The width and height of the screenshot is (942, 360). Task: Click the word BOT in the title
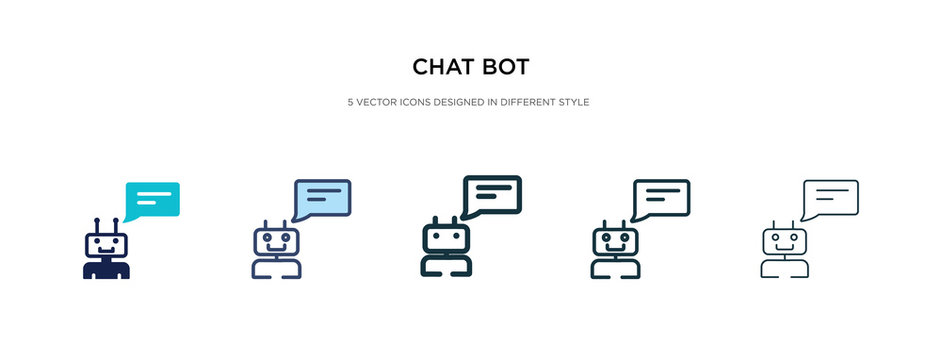[507, 67]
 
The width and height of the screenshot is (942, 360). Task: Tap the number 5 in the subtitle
[350, 102]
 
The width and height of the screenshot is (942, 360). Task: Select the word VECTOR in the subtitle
[377, 102]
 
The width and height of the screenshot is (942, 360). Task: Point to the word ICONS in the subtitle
[420, 102]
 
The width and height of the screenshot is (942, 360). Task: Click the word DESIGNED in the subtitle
[468, 102]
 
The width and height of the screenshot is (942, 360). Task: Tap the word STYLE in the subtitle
[577, 102]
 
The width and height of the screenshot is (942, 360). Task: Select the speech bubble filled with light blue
[321, 198]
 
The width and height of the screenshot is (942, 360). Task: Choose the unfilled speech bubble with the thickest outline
[492, 195]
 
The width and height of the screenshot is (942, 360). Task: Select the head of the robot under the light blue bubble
[275, 241]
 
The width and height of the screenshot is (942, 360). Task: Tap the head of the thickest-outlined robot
[445, 239]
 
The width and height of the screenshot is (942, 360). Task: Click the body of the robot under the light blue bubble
[275, 267]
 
